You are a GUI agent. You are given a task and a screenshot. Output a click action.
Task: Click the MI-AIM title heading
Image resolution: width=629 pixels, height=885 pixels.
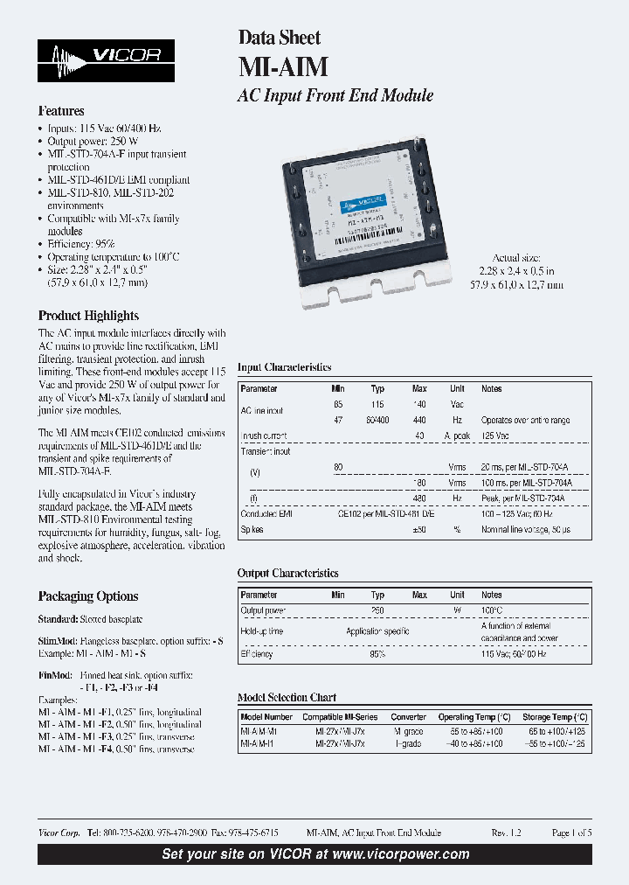pyautogui.click(x=273, y=67)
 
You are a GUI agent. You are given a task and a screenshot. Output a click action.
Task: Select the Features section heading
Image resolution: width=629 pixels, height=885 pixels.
pyautogui.click(x=61, y=112)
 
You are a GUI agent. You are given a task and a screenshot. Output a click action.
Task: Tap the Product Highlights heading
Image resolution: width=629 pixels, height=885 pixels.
pyautogui.click(x=88, y=316)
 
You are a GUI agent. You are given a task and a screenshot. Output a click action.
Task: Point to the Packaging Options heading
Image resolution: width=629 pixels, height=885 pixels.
pyautogui.click(x=88, y=596)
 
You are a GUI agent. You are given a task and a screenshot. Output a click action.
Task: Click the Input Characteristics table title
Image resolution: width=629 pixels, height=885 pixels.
pyautogui.click(x=285, y=369)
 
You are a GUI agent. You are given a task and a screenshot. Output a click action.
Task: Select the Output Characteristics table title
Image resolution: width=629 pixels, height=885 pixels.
pyautogui.click(x=288, y=574)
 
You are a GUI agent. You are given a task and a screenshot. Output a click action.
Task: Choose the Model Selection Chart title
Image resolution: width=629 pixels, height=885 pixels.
pyautogui.click(x=287, y=698)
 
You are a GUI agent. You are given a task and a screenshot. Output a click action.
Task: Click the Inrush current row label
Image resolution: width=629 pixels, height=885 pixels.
pyautogui.click(x=263, y=436)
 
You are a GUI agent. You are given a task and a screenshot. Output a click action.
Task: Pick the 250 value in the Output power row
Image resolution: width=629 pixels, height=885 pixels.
pyautogui.click(x=377, y=610)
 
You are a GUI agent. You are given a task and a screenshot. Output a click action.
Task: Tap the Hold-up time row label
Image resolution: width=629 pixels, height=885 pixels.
pyautogui.click(x=262, y=631)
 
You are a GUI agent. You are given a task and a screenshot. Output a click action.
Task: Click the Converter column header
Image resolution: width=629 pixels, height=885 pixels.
pyautogui.click(x=409, y=716)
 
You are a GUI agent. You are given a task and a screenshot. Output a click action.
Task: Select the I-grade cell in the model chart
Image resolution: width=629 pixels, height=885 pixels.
pyautogui.click(x=408, y=743)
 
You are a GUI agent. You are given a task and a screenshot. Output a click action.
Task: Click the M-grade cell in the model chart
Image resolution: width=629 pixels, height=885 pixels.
pyautogui.click(x=408, y=731)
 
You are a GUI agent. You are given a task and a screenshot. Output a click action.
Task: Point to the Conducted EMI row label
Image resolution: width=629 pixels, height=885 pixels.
pyautogui.click(x=266, y=514)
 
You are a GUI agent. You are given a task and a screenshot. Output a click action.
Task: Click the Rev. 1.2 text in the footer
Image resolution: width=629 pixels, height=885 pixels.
pyautogui.click(x=506, y=833)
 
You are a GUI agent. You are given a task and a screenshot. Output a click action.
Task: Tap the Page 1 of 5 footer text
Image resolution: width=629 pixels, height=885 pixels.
pyautogui.click(x=571, y=833)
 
